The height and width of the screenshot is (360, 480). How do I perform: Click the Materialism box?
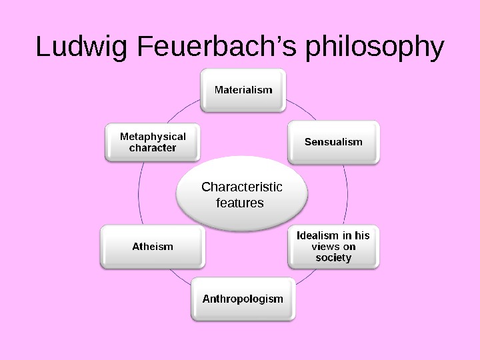coord(243,89)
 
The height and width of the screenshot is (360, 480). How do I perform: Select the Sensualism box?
coord(333,141)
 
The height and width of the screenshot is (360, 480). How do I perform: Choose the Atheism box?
coord(152,246)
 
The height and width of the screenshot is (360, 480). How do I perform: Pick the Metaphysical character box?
coord(153,141)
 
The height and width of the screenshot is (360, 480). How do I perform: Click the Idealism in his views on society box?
coord(333,246)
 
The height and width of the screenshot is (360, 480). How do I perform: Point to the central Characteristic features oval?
coord(242,194)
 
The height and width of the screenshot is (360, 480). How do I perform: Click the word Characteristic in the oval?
coord(242,187)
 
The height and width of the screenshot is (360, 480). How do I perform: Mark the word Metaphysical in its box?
coord(153,136)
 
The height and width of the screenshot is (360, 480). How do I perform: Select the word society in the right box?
coord(333,257)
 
